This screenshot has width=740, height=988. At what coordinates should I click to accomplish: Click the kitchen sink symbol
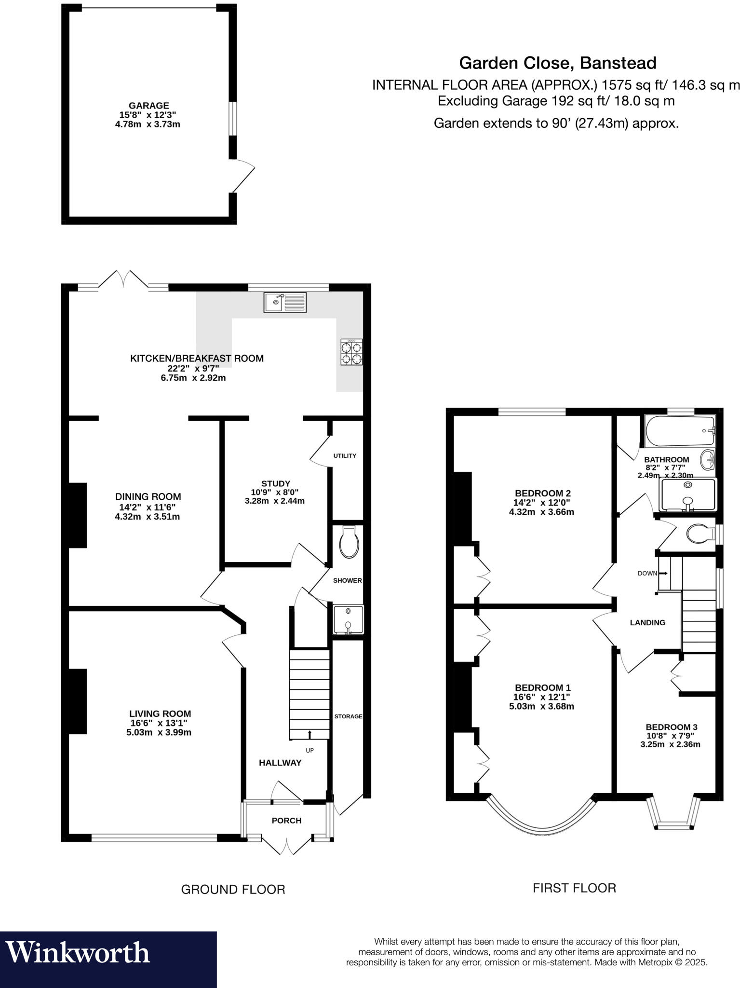tap(284, 302)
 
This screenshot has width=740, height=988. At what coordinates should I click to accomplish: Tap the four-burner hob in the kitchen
tap(351, 352)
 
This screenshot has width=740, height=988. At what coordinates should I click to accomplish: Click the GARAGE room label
tap(148, 106)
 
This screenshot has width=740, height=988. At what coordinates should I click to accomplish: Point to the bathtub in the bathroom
tap(680, 431)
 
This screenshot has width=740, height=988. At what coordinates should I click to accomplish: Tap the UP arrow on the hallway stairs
tap(309, 734)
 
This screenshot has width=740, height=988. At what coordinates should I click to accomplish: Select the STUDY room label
tap(275, 483)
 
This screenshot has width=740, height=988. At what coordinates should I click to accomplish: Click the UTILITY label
tap(345, 456)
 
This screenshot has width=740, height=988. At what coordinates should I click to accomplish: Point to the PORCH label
tap(286, 821)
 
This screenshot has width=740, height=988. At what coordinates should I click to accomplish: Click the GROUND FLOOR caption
tap(233, 890)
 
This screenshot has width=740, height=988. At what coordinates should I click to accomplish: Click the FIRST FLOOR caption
tap(574, 888)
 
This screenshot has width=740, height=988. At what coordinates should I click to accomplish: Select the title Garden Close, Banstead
tap(557, 63)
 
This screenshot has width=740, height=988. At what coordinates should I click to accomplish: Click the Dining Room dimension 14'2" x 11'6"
tap(148, 507)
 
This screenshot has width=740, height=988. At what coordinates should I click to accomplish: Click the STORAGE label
tap(348, 716)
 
